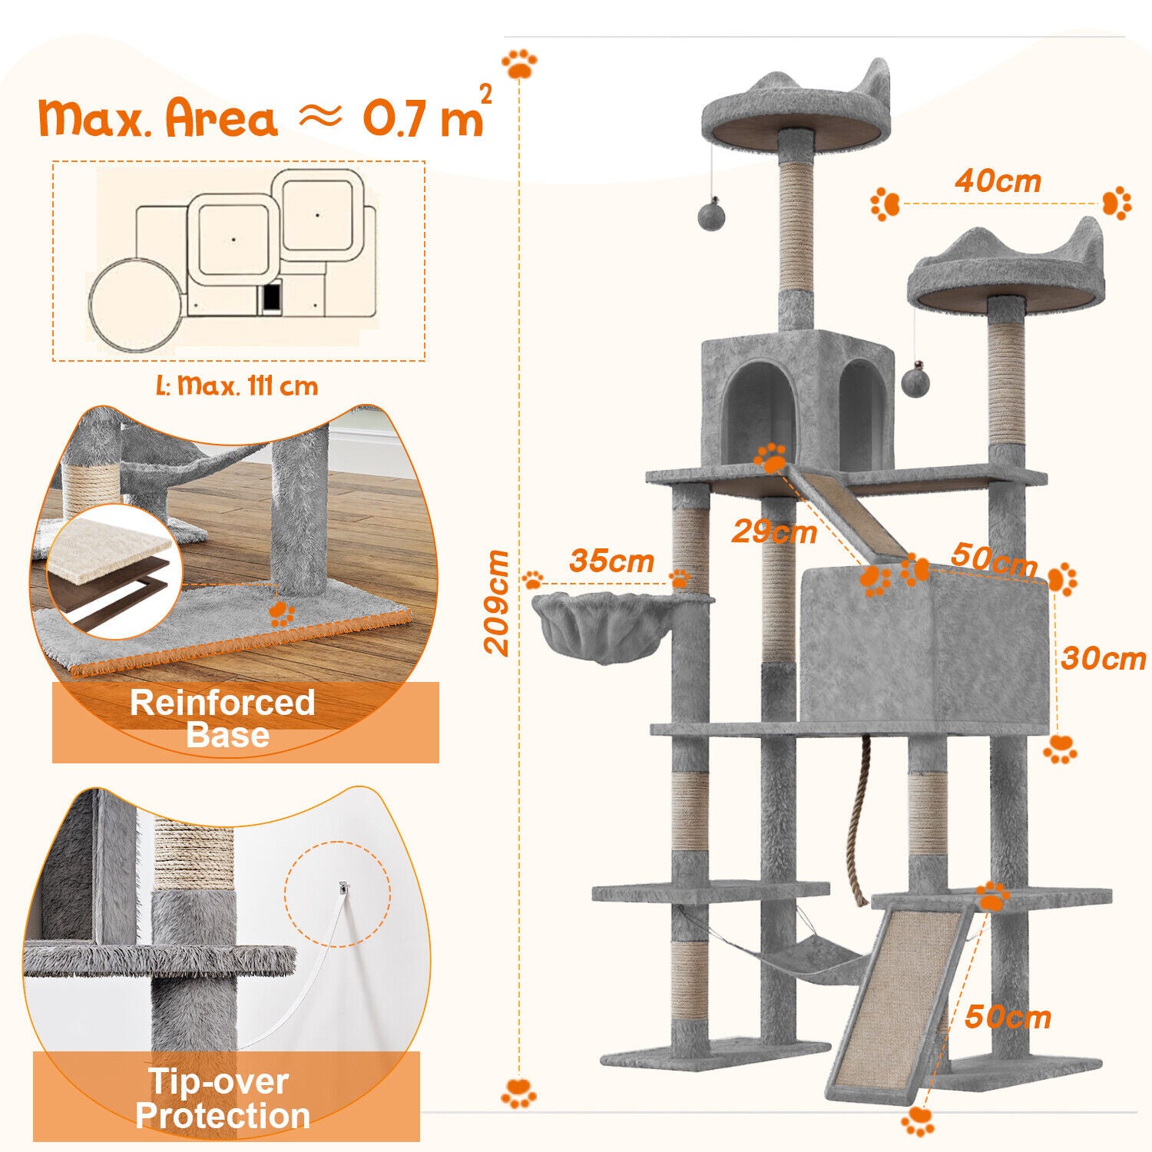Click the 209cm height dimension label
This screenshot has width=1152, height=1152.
click(498, 602)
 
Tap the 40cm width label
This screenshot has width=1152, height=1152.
click(998, 181)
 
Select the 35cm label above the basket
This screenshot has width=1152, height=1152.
click(611, 561)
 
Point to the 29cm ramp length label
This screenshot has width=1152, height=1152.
click(774, 531)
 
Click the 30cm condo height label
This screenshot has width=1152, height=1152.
click(1104, 658)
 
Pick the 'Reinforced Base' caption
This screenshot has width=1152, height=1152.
click(223, 719)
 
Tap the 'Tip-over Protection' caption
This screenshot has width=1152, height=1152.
click(223, 1098)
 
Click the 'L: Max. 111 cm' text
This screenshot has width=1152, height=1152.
click(237, 385)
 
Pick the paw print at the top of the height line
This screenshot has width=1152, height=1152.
click(519, 64)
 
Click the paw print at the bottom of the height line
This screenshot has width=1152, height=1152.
click(519, 1093)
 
